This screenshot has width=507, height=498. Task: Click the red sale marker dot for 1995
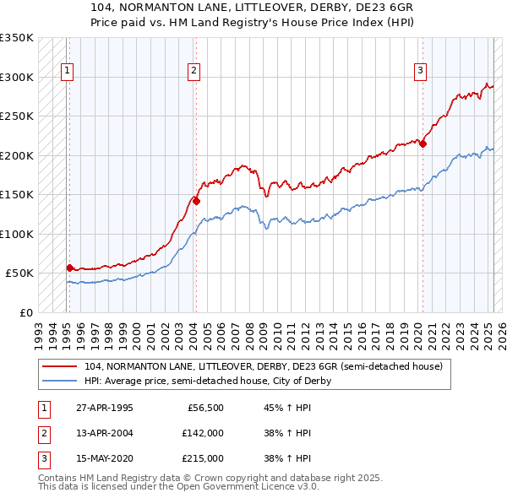[x=69, y=268]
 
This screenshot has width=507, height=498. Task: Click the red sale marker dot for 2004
[x=195, y=201]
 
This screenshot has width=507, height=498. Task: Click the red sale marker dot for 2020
[x=422, y=143]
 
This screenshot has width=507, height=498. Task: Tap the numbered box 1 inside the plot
[x=67, y=71]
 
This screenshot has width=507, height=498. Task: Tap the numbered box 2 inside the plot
[x=194, y=71]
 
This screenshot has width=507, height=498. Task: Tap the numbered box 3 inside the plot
[x=420, y=71]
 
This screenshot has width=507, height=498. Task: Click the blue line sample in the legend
[x=59, y=381]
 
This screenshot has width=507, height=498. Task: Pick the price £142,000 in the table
[x=203, y=433]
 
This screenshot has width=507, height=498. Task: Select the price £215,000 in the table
[x=203, y=458]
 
